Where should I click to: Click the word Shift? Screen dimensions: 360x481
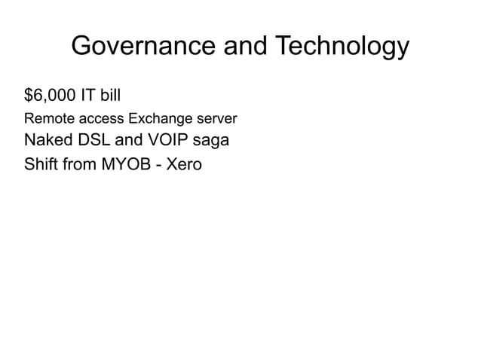tap(41, 163)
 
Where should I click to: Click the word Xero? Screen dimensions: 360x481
tap(184, 163)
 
